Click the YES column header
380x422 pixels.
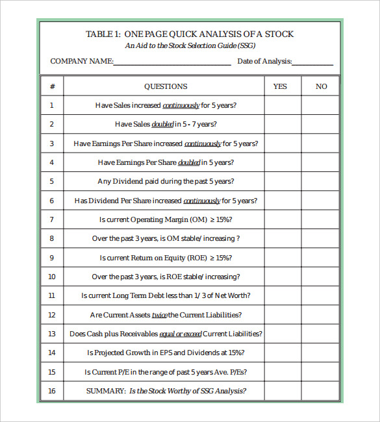pyautogui.click(x=280, y=86)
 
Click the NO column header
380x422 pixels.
pyautogui.click(x=322, y=86)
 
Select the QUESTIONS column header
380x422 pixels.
pyautogui.click(x=166, y=86)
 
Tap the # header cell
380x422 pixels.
pyautogui.click(x=52, y=86)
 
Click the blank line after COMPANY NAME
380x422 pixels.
pyautogui.click(x=172, y=62)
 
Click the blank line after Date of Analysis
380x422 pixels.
pyautogui.click(x=312, y=62)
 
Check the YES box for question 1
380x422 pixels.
pyautogui.click(x=283, y=105)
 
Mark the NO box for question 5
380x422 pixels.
pyautogui.click(x=320, y=182)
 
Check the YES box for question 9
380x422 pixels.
pyautogui.click(x=283, y=258)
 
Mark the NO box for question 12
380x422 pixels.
pyautogui.click(x=320, y=315)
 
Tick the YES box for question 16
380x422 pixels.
pyautogui.click(x=283, y=391)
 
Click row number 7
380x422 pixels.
pyautogui.click(x=52, y=220)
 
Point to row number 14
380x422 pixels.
pyautogui.click(x=52, y=353)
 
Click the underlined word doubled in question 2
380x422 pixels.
pyautogui.click(x=162, y=124)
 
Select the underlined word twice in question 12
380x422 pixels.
pyautogui.click(x=159, y=315)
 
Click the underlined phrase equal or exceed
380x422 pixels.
pyautogui.click(x=181, y=334)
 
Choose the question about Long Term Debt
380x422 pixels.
pyautogui.click(x=166, y=296)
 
